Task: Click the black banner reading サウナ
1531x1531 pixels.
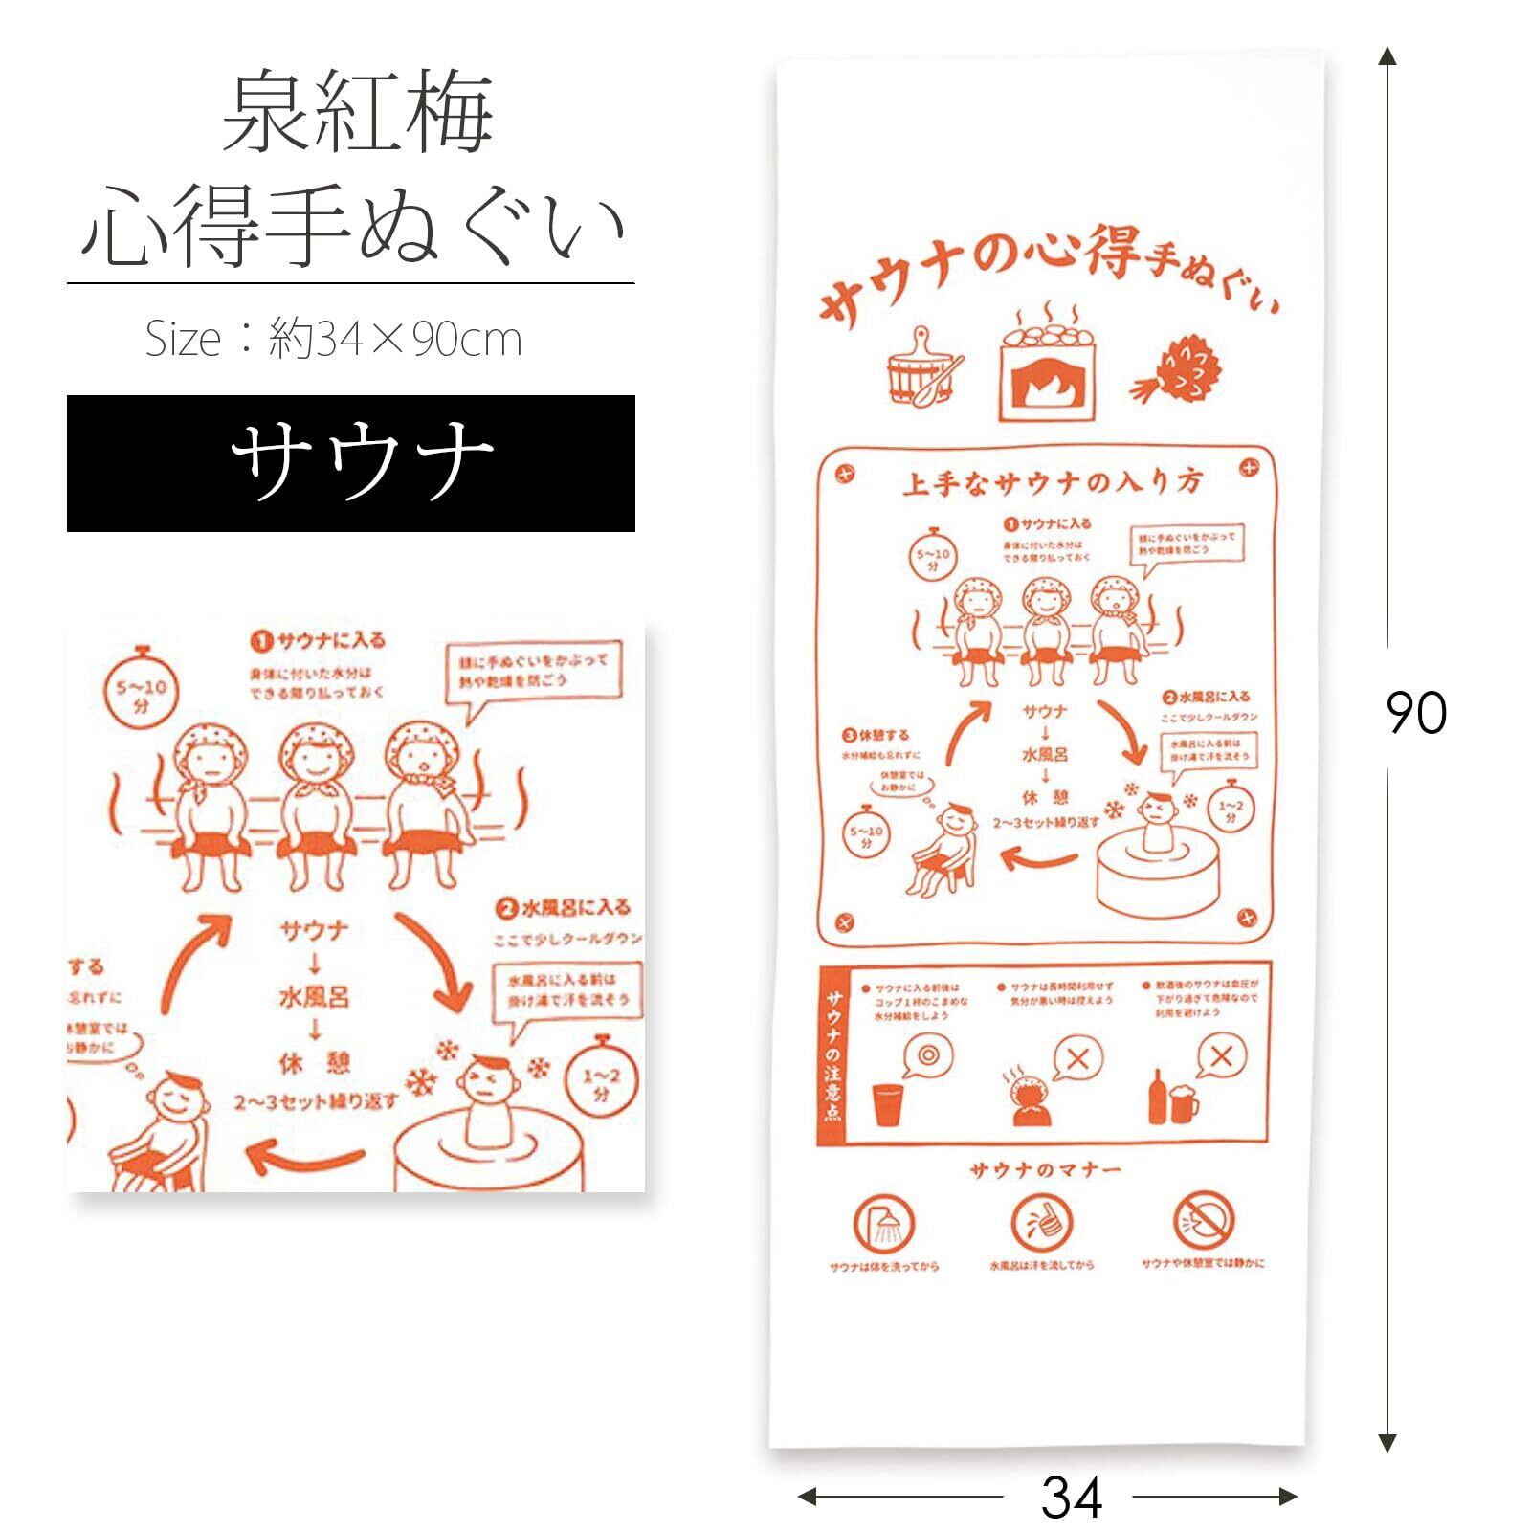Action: pos(350,463)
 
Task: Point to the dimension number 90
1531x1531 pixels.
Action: pos(1416,714)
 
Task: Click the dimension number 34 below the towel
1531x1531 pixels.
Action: pos(1071,1498)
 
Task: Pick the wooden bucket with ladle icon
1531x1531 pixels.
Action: pos(921,371)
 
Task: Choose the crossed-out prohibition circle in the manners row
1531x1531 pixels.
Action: pos(1204,1221)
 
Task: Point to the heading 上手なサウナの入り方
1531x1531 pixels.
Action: pos(1051,483)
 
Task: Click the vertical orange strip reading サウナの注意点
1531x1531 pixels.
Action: pos(832,1054)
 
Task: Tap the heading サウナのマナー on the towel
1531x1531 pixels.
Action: pos(1044,1170)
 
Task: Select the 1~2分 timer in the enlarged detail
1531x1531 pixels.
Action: pos(601,1081)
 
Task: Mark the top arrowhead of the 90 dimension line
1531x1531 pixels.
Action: pos(1387,55)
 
